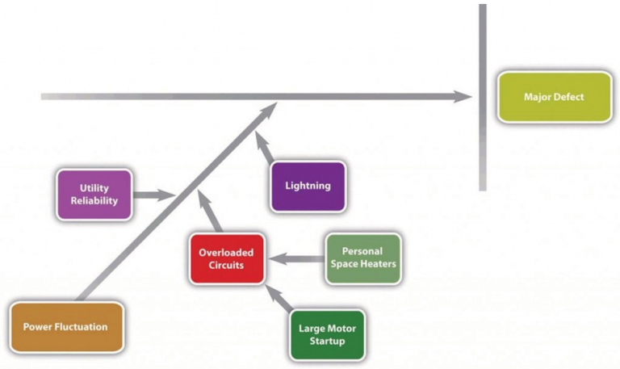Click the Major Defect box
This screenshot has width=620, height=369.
554,97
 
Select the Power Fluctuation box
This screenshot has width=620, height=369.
65,327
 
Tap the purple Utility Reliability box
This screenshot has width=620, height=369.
94,195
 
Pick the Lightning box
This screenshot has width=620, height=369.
308,186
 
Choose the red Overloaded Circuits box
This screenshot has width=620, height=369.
227,258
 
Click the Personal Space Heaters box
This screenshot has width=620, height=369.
363,258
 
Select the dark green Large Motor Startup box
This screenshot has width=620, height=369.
327,334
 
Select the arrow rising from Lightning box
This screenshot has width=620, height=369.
263,147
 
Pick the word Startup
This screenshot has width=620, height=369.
327,341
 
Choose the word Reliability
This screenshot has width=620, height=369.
94,200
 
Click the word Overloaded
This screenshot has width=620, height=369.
227,252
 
